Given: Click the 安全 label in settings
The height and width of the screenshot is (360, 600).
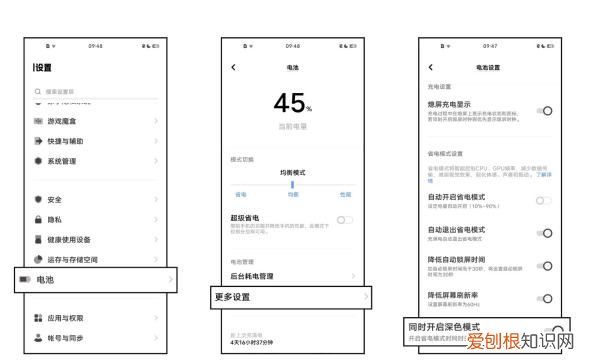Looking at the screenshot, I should [54, 199].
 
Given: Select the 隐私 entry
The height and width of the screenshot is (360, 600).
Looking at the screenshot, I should [54, 219].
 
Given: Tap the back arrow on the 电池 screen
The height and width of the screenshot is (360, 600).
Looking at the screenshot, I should [233, 67].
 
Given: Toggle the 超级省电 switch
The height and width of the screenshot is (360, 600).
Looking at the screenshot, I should [345, 219].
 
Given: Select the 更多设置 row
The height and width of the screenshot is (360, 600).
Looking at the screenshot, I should [290, 297].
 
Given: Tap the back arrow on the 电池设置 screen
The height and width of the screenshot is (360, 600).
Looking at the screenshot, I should [430, 67].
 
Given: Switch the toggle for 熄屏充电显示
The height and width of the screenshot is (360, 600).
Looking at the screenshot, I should [545, 110].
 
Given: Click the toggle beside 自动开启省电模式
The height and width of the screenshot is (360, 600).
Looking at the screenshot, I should [545, 201].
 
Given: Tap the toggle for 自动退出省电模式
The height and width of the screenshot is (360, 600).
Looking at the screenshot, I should [545, 233].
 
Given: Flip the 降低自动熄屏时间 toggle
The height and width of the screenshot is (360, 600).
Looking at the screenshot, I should [545, 266].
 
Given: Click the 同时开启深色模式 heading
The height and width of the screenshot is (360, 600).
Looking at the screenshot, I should [444, 327].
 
